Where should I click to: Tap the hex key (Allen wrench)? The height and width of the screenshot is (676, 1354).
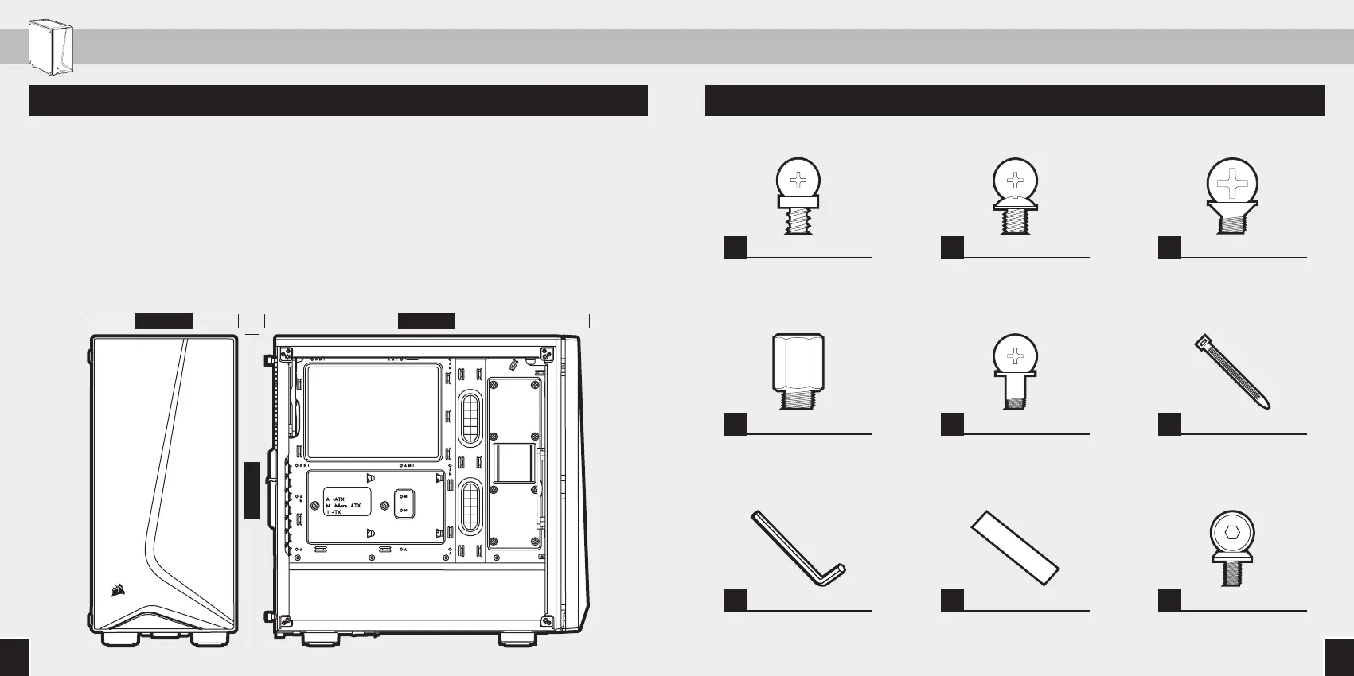click(797, 549)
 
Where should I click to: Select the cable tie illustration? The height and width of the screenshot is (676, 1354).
click(1231, 371)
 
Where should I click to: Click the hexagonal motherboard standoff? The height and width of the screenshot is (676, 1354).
click(798, 371)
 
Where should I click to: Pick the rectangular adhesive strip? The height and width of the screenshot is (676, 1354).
click(1015, 548)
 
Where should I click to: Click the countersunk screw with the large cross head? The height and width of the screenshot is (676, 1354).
click(1232, 194)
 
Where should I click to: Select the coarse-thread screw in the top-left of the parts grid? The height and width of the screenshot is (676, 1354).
click(798, 194)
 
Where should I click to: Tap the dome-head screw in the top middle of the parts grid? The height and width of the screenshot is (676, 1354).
click(1015, 194)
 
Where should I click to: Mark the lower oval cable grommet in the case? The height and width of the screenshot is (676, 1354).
click(471, 506)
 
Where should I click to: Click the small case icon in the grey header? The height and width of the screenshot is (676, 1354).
click(51, 48)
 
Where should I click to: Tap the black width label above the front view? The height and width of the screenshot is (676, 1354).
click(163, 321)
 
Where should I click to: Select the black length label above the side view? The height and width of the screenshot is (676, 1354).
click(426, 321)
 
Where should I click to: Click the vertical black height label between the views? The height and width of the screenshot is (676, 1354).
click(252, 490)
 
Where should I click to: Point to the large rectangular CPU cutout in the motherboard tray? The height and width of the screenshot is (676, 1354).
click(373, 412)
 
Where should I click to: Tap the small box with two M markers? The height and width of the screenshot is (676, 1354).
click(404, 503)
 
